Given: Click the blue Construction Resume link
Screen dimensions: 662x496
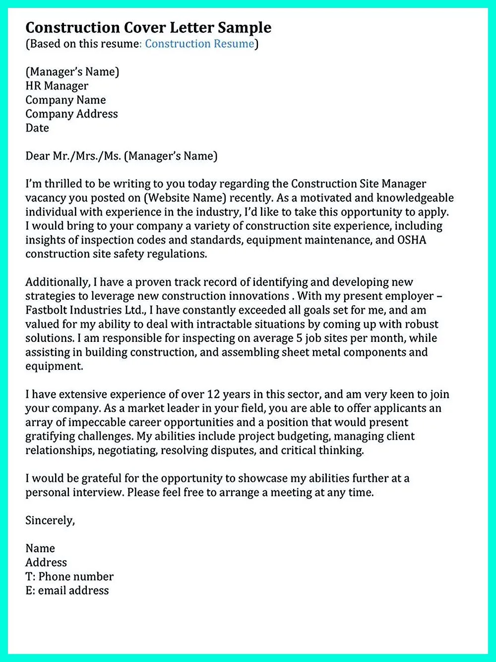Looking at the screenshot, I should click(x=199, y=44).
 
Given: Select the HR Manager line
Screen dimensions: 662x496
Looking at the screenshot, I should click(x=57, y=86).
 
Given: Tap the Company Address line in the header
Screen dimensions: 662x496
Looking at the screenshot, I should click(x=71, y=114).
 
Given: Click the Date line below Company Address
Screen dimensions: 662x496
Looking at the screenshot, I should click(x=37, y=128).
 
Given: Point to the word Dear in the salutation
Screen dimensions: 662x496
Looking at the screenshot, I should click(x=38, y=156).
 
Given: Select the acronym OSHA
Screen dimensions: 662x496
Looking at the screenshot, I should click(x=412, y=240).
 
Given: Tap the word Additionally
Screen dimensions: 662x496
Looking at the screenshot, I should click(x=58, y=282).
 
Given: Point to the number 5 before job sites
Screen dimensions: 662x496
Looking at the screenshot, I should click(x=300, y=338).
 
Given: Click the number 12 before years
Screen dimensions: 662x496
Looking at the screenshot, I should click(x=213, y=395).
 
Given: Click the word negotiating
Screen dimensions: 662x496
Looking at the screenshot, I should click(x=126, y=451).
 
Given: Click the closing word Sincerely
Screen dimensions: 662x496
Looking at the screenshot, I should click(x=50, y=521).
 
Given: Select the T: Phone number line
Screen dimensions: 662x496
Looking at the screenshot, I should click(x=69, y=577).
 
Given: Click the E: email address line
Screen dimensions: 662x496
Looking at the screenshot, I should click(x=67, y=591).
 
